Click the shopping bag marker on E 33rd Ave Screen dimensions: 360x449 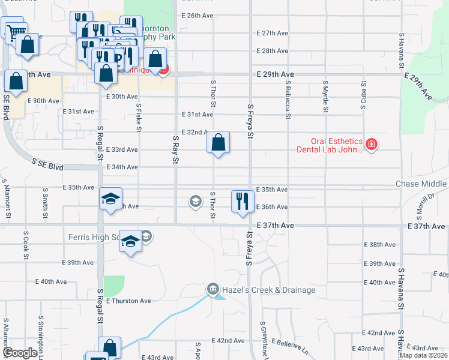click(218, 143)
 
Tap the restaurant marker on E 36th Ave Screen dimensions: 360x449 click(242, 201)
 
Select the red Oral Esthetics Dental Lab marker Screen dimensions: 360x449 click(371, 145)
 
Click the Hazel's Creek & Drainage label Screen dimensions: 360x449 click(268, 290)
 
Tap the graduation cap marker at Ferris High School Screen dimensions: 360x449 click(130, 242)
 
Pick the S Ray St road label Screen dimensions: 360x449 click(175, 150)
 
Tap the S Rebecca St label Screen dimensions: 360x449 click(288, 96)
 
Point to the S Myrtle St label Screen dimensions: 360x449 click(325, 96)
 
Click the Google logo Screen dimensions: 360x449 click(20, 353)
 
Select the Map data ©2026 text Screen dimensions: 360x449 click(423, 355)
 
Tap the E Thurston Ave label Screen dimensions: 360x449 click(128, 301)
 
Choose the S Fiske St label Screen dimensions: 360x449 click(139, 117)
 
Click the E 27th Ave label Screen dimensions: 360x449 click(273, 33)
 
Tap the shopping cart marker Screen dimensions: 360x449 click(14, 29)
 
